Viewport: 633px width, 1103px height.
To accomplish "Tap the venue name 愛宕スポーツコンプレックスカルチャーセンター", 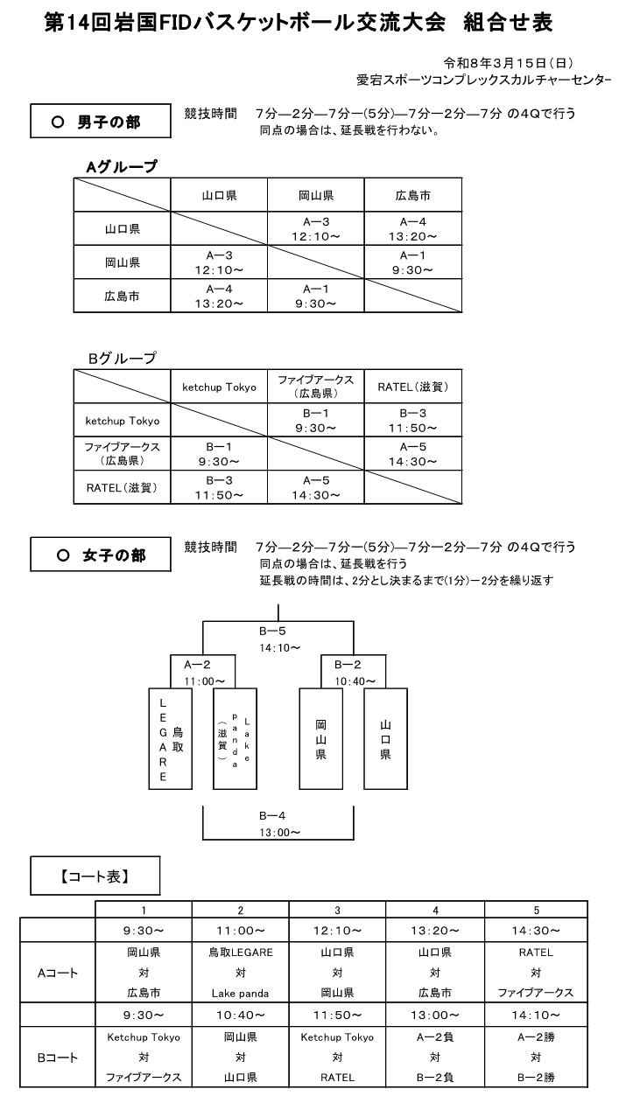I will click(483, 80).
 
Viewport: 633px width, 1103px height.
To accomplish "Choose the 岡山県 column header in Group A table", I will click(316, 196).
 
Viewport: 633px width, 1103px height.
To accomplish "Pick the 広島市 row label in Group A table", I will click(123, 296).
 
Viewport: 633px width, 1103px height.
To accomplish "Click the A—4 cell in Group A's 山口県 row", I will click(412, 229).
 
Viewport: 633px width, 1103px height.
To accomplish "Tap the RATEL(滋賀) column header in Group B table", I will click(412, 387).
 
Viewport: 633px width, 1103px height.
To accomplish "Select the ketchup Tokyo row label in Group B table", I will click(123, 421).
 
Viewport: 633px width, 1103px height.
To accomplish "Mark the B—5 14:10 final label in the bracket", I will click(279, 638).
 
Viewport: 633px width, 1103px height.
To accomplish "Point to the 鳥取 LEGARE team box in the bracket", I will click(170, 739).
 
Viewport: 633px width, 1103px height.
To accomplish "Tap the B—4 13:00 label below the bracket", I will click(279, 823).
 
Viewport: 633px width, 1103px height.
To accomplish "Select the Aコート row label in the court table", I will click(60, 972).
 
